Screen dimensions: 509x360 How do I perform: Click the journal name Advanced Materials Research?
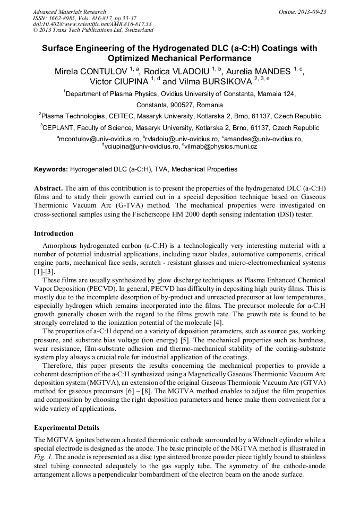pyautogui.click(x=69, y=12)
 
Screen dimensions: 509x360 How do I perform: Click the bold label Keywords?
pyautogui.click(x=51, y=169)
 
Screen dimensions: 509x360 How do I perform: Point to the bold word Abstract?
pyautogui.click(x=48, y=188)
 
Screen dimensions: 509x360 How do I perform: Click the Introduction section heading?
pyautogui.click(x=54, y=233)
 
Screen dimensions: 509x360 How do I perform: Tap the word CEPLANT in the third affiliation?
pyautogui.click(x=59, y=128)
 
